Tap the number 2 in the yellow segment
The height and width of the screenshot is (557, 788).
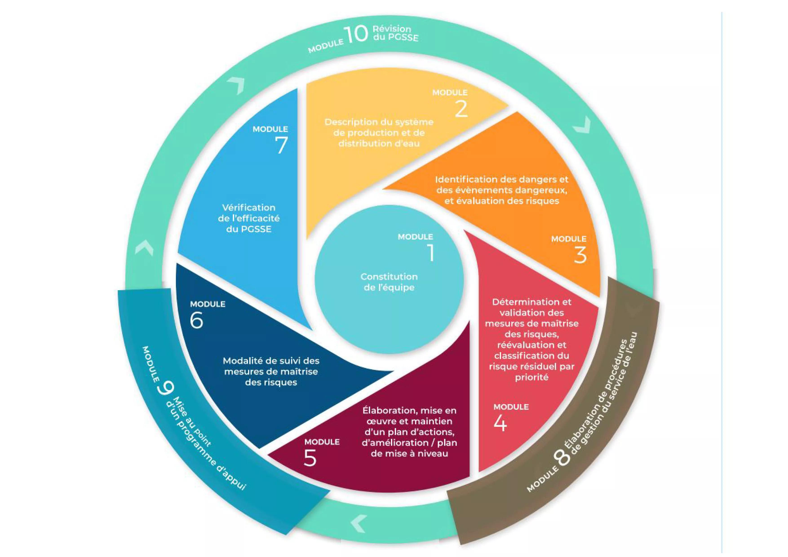[461, 109]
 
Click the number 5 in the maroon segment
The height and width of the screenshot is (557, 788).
[310, 458]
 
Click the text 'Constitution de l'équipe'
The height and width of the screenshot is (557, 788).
[389, 282]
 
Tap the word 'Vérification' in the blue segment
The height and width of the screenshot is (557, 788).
[248, 208]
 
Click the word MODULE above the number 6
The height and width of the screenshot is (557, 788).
[208, 304]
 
